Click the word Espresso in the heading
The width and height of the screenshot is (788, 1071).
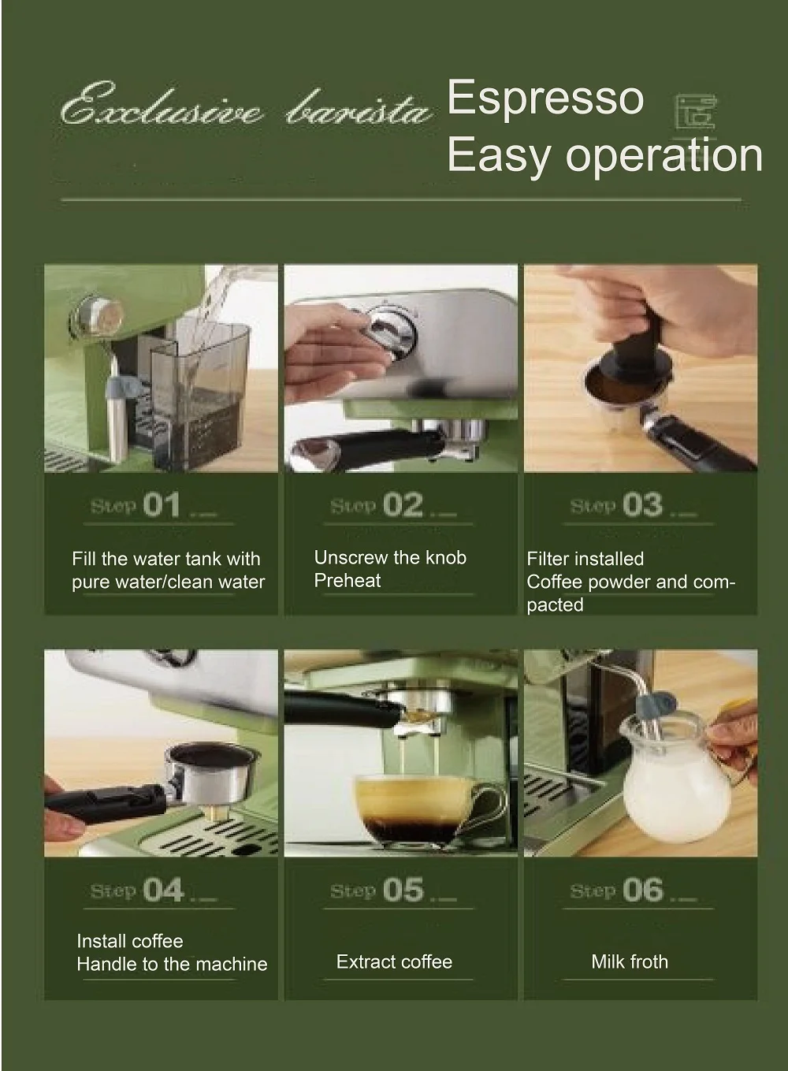point(545,98)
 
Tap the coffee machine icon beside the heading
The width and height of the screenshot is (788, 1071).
point(696,111)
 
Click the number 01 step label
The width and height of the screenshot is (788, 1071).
point(161,505)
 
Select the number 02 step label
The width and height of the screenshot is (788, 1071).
point(403,505)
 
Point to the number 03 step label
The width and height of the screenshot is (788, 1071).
point(643,505)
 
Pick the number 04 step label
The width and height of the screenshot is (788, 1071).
point(162,890)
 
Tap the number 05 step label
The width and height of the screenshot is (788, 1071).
point(403,890)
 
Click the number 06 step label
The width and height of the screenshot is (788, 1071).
point(643,890)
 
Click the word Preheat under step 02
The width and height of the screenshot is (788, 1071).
point(348,581)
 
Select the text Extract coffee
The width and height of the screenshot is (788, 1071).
point(394,961)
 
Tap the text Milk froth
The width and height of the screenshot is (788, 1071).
point(630,961)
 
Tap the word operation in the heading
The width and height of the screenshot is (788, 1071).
point(664,154)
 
